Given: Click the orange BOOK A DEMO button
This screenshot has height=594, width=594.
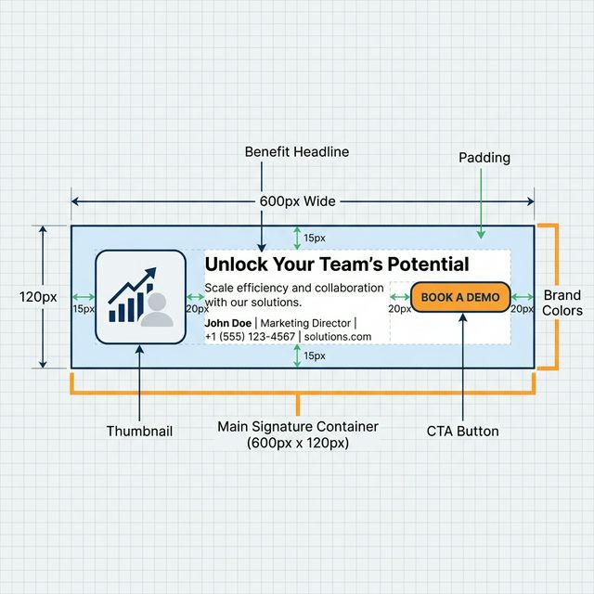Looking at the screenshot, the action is (460, 297).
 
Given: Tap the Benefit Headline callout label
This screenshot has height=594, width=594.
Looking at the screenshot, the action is (297, 151).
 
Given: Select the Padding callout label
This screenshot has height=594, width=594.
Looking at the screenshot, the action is (484, 158).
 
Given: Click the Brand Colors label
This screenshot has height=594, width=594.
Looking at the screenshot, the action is (562, 303).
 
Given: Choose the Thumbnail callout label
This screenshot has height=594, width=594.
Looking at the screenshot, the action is (139, 432).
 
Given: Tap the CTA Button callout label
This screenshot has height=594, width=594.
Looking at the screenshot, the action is (462, 432).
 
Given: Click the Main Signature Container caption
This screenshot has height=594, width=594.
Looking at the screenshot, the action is (297, 434).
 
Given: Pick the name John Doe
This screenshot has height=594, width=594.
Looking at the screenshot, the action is (227, 323).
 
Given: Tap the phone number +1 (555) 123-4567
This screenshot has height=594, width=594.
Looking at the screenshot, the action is (250, 336).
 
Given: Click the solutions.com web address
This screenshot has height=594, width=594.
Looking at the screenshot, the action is (338, 336).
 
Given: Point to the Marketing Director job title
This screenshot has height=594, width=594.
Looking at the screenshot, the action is (305, 323).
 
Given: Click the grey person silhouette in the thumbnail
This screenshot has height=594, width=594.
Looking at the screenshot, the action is (157, 310).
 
